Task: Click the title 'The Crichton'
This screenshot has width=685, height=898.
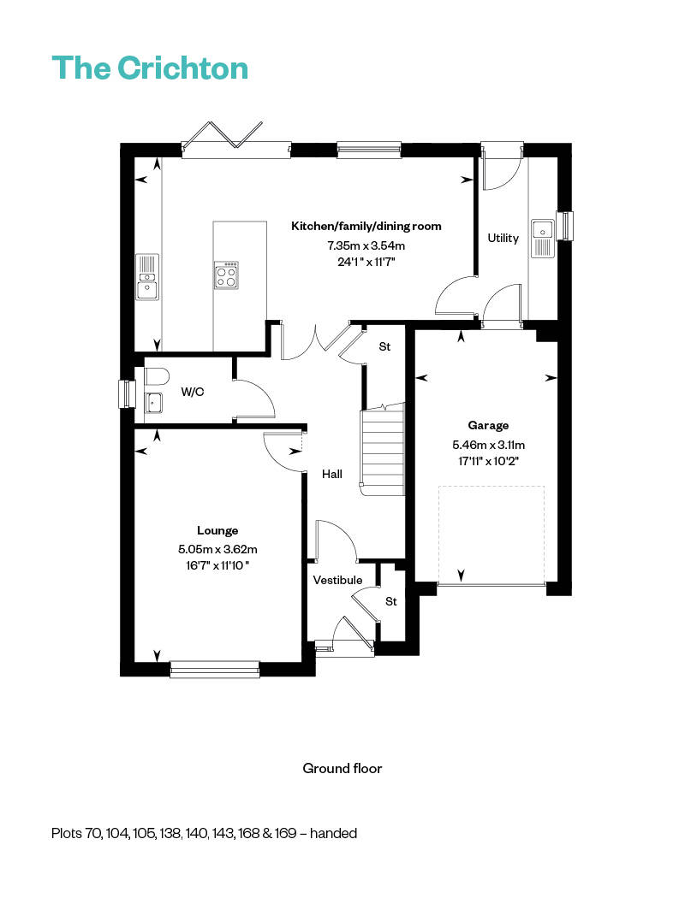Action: [150, 68]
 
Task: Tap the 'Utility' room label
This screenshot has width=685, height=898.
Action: [503, 238]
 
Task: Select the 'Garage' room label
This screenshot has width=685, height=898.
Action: [488, 425]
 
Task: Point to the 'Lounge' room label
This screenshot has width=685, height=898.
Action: [217, 530]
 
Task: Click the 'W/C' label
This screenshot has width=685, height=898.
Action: [191, 392]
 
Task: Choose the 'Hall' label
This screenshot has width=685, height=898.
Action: [332, 473]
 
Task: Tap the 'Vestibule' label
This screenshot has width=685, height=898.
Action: [337, 580]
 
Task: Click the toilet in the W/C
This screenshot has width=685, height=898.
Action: [157, 376]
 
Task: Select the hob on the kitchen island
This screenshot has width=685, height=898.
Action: [227, 275]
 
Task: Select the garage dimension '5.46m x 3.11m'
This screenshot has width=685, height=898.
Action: [488, 445]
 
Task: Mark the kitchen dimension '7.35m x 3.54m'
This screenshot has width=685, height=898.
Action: [366, 245]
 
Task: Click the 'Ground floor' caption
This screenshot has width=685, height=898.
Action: [342, 768]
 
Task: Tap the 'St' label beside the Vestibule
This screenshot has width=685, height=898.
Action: [391, 601]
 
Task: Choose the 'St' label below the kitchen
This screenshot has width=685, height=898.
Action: [384, 347]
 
